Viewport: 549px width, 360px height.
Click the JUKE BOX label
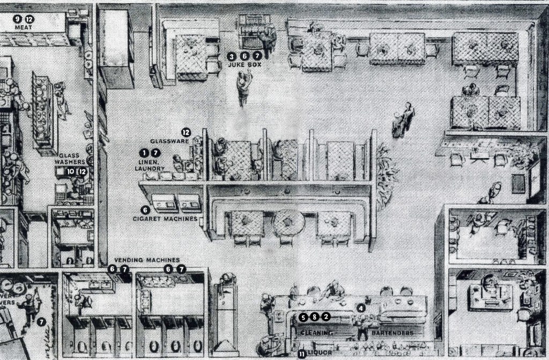click(244, 64)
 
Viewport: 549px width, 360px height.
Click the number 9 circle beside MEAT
click(19, 19)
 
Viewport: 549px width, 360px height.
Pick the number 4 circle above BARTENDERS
click(361, 308)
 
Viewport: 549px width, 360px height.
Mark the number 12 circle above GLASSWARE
click(186, 132)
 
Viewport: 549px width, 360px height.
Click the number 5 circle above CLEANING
click(303, 317)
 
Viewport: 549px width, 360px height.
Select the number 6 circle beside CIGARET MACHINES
click(145, 210)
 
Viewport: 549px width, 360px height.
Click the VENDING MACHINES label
click(147, 260)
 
